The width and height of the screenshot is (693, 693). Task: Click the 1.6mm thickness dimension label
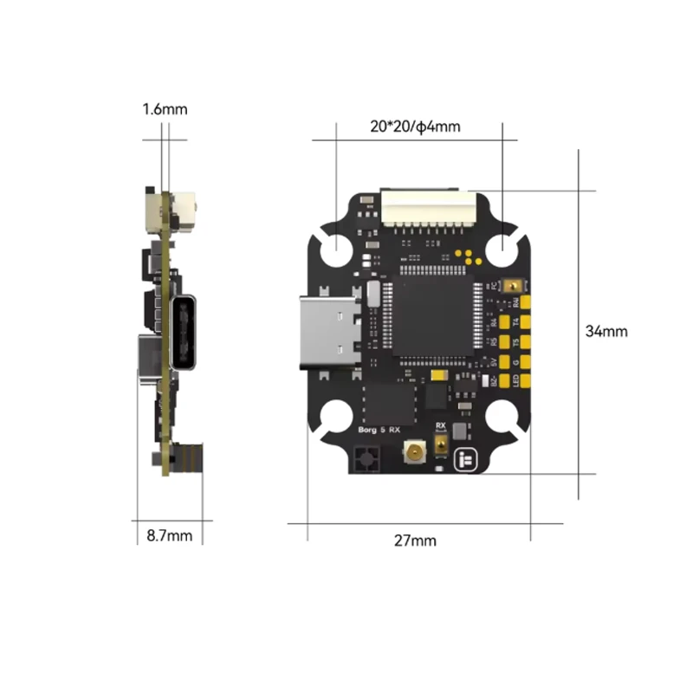pyautogui.click(x=165, y=110)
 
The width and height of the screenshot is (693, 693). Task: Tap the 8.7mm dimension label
pyautogui.click(x=169, y=535)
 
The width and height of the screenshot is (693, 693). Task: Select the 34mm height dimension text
pyautogui.click(x=606, y=331)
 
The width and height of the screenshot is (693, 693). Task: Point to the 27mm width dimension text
pyautogui.click(x=415, y=541)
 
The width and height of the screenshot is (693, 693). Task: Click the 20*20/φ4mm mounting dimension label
pyautogui.click(x=415, y=126)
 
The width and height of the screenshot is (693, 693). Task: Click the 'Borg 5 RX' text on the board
pyautogui.click(x=379, y=430)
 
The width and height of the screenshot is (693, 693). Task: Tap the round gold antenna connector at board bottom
pyautogui.click(x=411, y=451)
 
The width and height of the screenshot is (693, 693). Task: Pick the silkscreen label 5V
pyautogui.click(x=495, y=362)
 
